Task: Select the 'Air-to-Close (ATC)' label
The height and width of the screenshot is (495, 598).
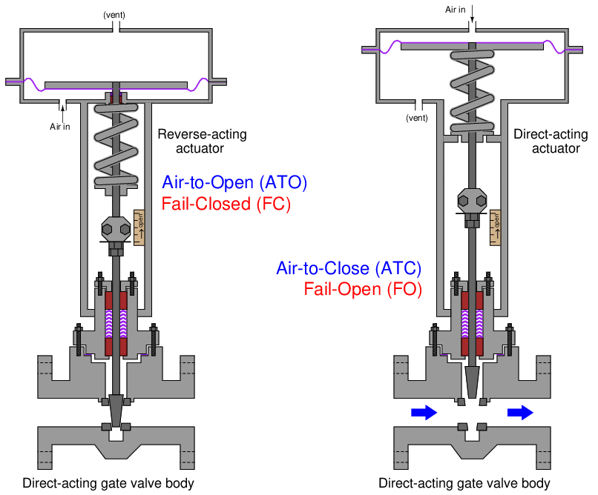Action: [x=348, y=268]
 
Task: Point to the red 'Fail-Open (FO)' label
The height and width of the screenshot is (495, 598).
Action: [x=363, y=289]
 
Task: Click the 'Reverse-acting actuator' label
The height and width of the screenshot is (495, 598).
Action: [x=201, y=141]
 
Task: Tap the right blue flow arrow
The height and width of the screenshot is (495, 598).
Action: [x=521, y=413]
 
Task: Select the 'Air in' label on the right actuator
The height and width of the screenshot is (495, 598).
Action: [x=456, y=10]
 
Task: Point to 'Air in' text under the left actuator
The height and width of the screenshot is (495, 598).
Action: [x=60, y=126]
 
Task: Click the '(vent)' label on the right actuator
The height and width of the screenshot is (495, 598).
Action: [x=416, y=117]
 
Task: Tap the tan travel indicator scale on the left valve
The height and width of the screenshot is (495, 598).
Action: [x=139, y=228]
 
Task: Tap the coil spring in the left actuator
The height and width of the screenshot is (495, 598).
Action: [x=116, y=148]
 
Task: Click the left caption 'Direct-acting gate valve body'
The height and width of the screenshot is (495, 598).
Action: [x=108, y=483]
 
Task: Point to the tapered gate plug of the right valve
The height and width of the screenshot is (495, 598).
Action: [x=472, y=382]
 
